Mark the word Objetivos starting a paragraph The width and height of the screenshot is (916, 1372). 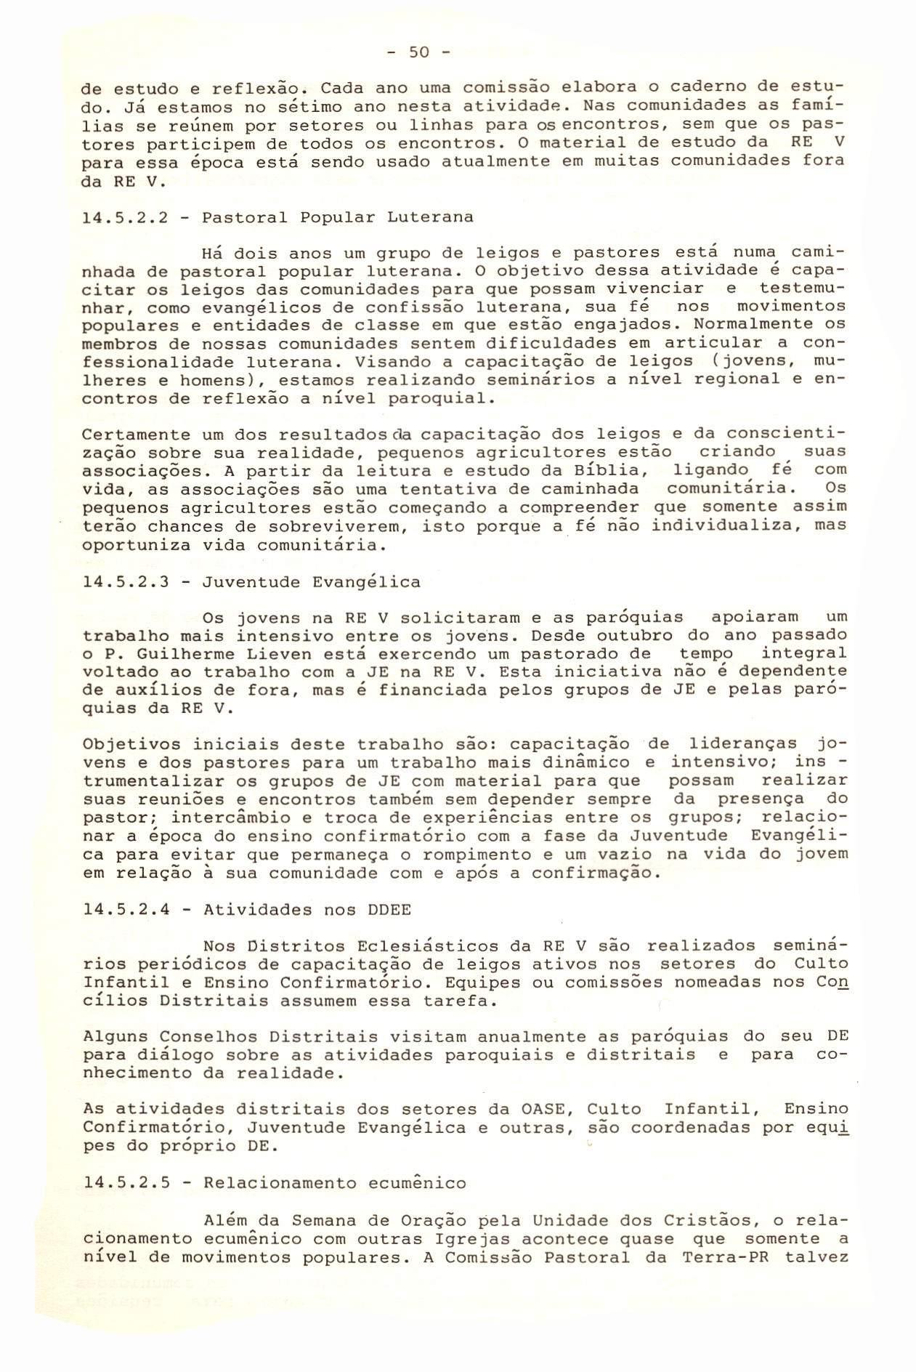[131, 745]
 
